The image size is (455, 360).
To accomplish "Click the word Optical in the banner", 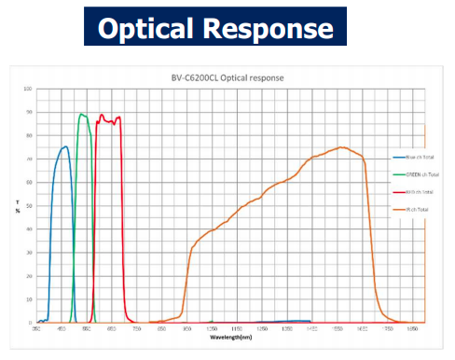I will pyautogui.click(x=149, y=29).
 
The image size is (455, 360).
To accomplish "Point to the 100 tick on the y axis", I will pyautogui.click(x=28, y=90).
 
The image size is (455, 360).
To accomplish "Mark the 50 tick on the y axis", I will pyautogui.click(x=29, y=206).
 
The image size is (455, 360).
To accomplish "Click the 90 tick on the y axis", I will pyautogui.click(x=29, y=113).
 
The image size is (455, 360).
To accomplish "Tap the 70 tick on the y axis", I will pyautogui.click(x=29, y=159).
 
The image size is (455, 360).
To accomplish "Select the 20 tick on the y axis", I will pyautogui.click(x=29, y=276).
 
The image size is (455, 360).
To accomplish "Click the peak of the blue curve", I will pyautogui.click(x=64, y=146).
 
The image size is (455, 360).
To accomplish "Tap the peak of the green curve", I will pyautogui.click(x=82, y=114).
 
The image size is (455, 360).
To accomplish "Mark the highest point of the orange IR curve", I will pyautogui.click(x=342, y=146).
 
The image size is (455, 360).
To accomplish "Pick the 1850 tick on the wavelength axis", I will pyautogui.click(x=418, y=329).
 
